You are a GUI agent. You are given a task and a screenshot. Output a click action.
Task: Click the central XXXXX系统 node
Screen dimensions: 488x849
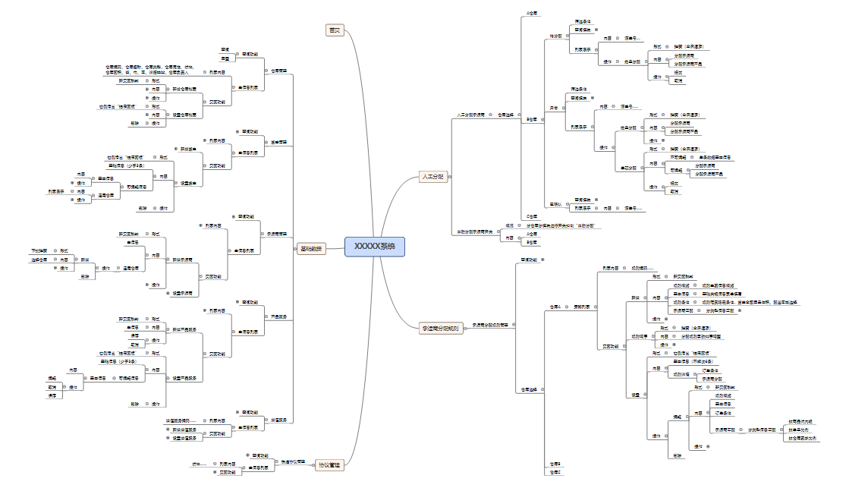pyautogui.click(x=375, y=247)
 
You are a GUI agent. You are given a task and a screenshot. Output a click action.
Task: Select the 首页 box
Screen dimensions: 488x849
pyautogui.click(x=334, y=30)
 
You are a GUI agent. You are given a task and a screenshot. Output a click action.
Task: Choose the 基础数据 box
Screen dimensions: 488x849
pyautogui.click(x=310, y=248)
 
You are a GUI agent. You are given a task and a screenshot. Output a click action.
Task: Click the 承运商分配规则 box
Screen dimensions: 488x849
pyautogui.click(x=440, y=329)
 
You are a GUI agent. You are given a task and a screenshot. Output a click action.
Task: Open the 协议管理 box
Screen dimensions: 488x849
pyautogui.click(x=329, y=464)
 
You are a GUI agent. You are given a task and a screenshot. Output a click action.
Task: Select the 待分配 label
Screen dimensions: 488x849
pyautogui.click(x=555, y=36)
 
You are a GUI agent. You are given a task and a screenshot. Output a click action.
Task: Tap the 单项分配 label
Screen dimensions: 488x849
pyautogui.click(x=628, y=167)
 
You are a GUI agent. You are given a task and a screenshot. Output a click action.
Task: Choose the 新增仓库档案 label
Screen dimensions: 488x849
pyautogui.click(x=184, y=90)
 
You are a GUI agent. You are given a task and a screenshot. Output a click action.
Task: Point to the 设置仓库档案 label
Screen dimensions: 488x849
pyautogui.click(x=184, y=115)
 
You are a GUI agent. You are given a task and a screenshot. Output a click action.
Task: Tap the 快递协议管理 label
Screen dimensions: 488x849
pyautogui.click(x=294, y=461)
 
